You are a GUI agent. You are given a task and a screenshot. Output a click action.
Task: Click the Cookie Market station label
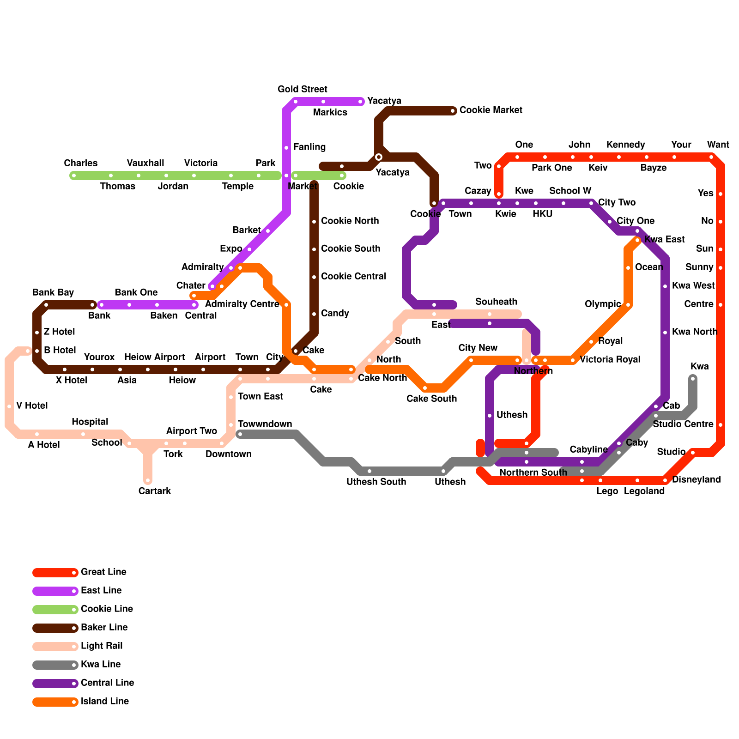(491, 110)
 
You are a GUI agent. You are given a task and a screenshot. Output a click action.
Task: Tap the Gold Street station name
(303, 89)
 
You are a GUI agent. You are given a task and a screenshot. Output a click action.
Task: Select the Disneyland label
(696, 479)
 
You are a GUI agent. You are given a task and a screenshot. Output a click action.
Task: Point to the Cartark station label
(155, 491)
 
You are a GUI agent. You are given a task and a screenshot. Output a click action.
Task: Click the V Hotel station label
(32, 406)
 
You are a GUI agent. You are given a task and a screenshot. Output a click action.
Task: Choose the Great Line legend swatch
(55, 573)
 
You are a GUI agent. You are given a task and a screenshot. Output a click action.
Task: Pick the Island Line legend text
(105, 701)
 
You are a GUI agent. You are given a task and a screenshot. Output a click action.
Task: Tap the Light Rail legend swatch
(55, 647)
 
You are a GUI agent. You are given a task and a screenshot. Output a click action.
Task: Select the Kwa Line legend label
(101, 664)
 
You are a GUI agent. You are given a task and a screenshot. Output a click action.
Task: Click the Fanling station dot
(286, 148)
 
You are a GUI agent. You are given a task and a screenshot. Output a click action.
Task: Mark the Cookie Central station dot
(314, 277)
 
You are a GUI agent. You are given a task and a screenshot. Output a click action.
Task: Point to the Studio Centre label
(683, 424)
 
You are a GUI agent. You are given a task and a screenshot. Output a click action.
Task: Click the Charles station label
(81, 163)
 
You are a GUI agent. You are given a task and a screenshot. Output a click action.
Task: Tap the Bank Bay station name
(53, 292)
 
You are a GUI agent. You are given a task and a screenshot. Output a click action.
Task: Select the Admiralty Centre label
(242, 304)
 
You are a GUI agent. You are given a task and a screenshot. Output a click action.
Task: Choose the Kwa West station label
(693, 285)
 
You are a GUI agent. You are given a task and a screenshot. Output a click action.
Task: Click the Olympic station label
(603, 304)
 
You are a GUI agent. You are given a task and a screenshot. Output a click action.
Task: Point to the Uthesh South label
(376, 482)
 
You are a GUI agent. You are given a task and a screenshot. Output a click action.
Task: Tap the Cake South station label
(431, 399)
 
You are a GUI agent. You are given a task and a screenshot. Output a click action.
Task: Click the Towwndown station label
(265, 424)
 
